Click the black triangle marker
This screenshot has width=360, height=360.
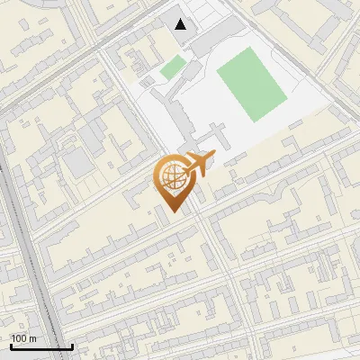click(x=182, y=24)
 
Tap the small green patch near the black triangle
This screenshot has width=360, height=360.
click(x=173, y=67)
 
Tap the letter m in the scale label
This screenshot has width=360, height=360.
click(x=33, y=338)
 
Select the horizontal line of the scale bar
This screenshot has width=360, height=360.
click(x=40, y=346)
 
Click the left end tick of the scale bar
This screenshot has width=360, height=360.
click(x=10, y=345)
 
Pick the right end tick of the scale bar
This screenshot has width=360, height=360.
click(x=72, y=345)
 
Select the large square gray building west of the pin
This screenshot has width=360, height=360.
click(x=77, y=163)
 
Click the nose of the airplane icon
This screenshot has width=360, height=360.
click(x=213, y=157)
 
